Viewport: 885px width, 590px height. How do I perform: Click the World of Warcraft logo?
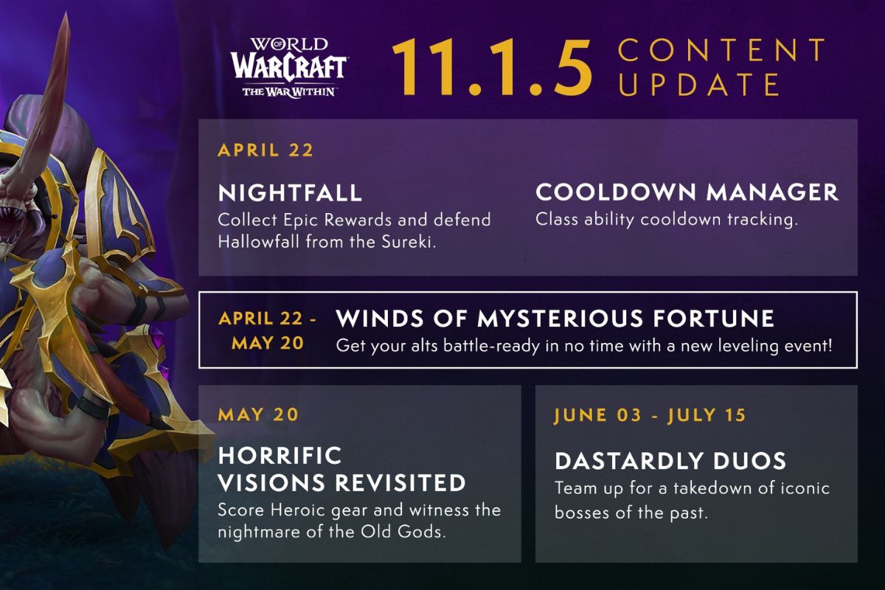tap(288, 67)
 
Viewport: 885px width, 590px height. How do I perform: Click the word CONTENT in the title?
tap(722, 51)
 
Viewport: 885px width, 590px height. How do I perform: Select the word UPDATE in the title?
tap(698, 85)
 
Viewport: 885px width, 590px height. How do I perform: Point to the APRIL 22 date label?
tap(265, 150)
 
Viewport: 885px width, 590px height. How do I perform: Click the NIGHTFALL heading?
tap(290, 193)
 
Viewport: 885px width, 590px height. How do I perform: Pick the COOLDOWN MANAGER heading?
tap(687, 192)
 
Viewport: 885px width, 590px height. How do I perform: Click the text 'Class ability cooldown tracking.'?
tap(667, 220)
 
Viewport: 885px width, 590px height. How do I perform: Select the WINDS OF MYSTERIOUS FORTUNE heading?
tap(555, 319)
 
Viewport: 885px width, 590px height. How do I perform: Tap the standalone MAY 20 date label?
tap(258, 414)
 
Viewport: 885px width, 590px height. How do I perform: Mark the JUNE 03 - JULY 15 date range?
tap(650, 415)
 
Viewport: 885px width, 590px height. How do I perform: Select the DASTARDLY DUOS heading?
tap(670, 462)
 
